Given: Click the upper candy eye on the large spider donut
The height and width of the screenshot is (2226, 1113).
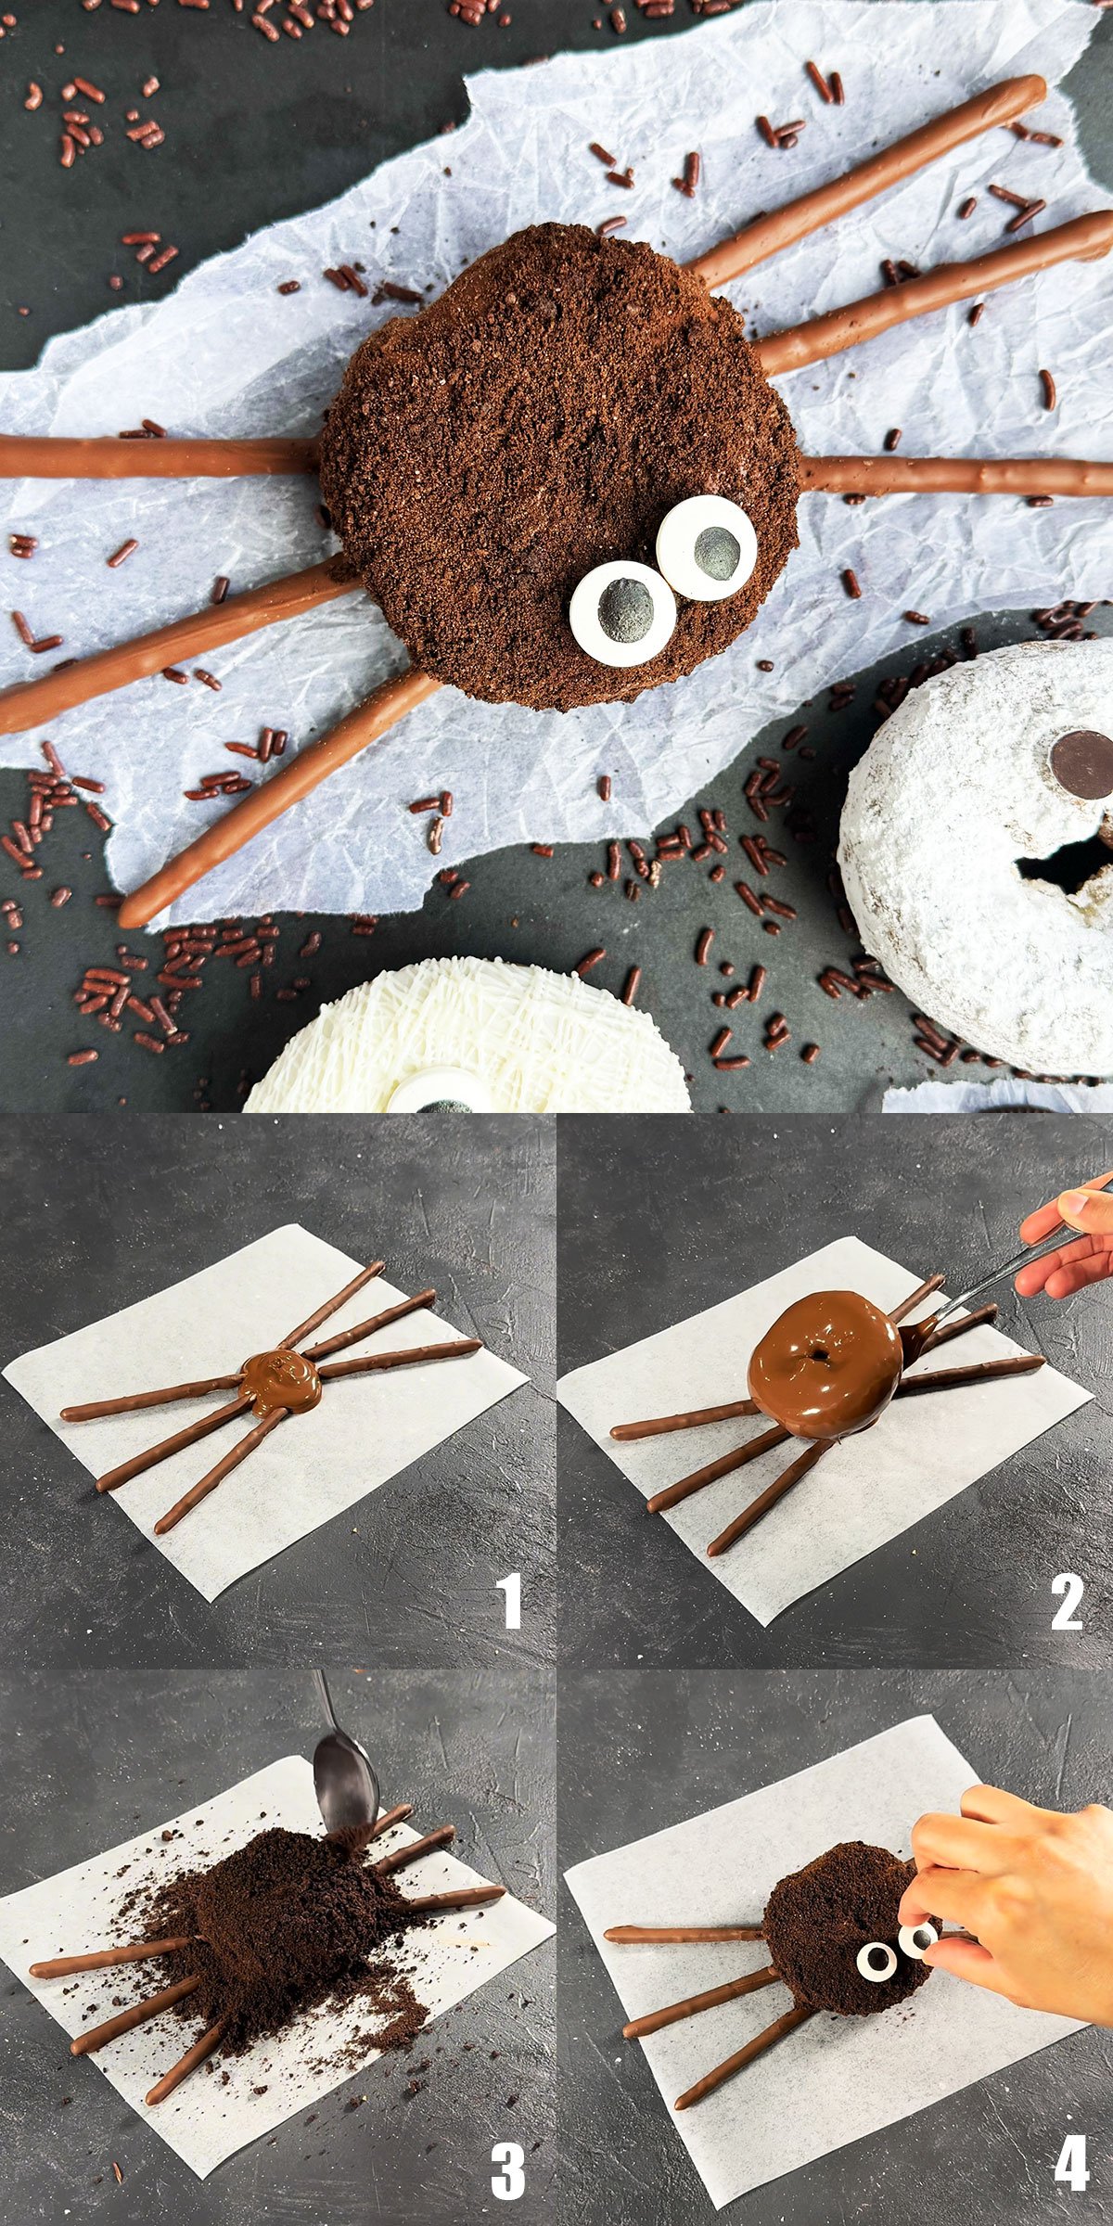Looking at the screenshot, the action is pos(707,547).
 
